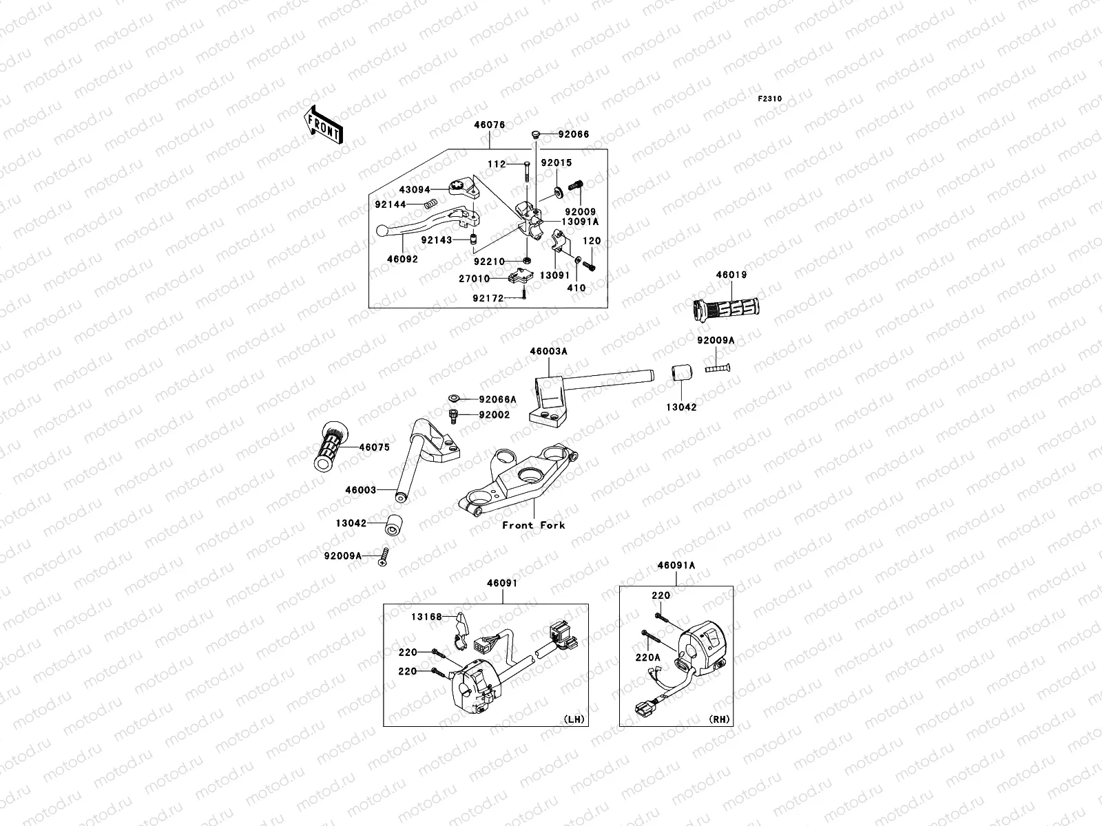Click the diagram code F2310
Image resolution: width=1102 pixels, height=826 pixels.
click(x=770, y=99)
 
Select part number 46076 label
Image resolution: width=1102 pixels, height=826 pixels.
click(x=489, y=125)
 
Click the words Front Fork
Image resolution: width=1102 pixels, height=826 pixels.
click(x=533, y=525)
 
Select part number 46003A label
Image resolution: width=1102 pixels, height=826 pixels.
click(x=548, y=351)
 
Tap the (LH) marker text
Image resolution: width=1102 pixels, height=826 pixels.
click(x=574, y=719)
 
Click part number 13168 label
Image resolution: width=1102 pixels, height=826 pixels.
click(x=428, y=617)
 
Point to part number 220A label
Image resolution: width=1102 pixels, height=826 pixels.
click(x=647, y=657)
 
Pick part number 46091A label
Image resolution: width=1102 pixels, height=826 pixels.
click(x=676, y=565)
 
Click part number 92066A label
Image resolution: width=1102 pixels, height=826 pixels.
click(x=497, y=399)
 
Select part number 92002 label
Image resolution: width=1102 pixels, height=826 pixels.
click(x=494, y=415)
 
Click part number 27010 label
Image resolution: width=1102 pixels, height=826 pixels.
click(x=475, y=279)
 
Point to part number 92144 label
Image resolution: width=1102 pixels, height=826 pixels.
click(x=390, y=204)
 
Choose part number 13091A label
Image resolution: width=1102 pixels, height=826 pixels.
click(x=580, y=222)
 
